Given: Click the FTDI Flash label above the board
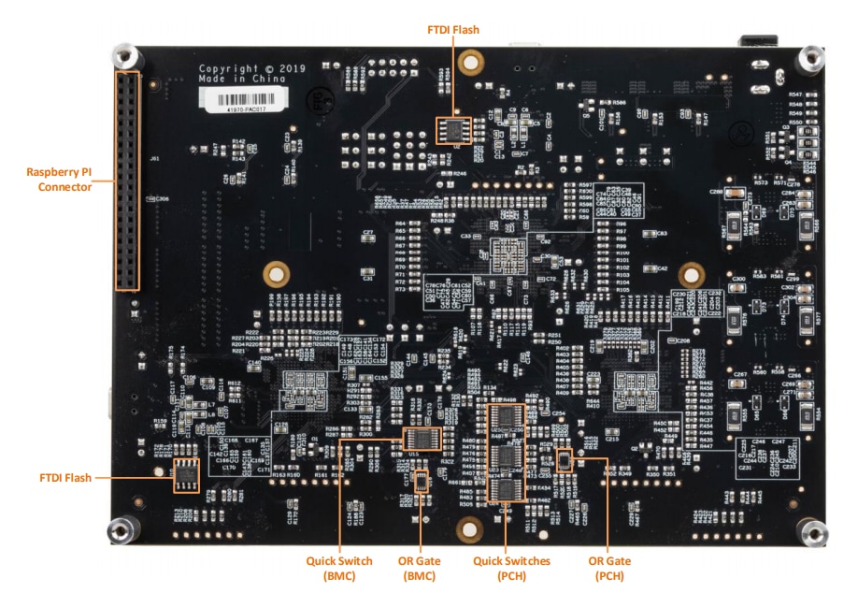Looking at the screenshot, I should pyautogui.click(x=452, y=30).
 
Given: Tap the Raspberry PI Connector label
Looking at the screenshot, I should pyautogui.click(x=59, y=180).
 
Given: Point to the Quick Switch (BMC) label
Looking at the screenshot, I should pyautogui.click(x=339, y=567).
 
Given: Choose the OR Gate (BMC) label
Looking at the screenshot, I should pyautogui.click(x=420, y=567).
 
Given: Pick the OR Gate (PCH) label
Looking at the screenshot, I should pyautogui.click(x=608, y=567).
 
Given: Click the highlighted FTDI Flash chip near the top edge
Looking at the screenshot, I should pyautogui.click(x=452, y=131).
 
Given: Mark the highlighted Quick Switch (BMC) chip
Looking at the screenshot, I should pyautogui.click(x=422, y=439).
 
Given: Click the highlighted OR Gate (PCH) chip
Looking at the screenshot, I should pyautogui.click(x=564, y=459).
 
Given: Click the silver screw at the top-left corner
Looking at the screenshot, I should pyautogui.click(x=122, y=55).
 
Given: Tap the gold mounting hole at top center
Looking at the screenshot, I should pyautogui.click(x=472, y=61).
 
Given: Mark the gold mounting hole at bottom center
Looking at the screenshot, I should pyautogui.click(x=465, y=529).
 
